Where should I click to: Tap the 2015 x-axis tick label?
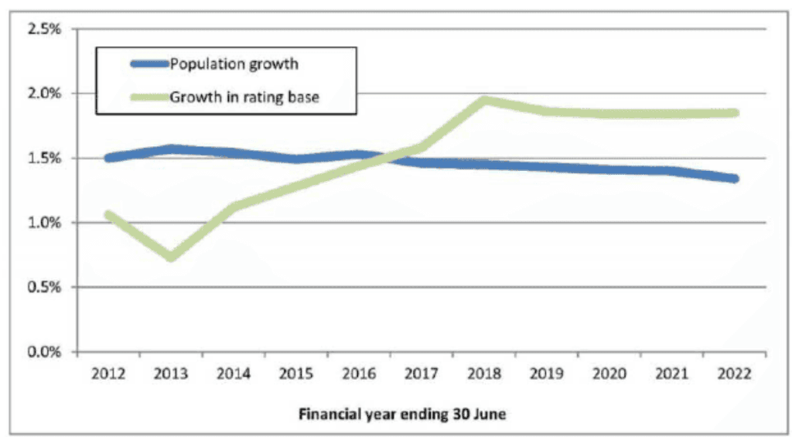[x=296, y=374]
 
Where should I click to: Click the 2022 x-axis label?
[x=735, y=374]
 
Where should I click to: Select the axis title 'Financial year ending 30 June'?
[x=402, y=414]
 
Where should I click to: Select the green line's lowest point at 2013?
[x=170, y=256]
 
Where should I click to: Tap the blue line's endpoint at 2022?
[x=734, y=179]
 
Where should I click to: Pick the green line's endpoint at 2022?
[x=734, y=113]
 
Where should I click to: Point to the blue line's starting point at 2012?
[x=108, y=158]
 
